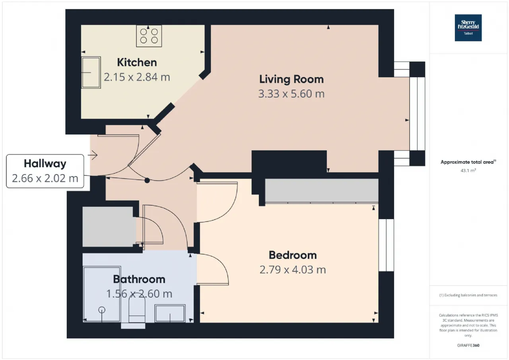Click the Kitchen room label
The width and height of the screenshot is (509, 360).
point(137,62)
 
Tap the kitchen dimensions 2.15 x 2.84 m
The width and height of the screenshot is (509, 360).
point(137,77)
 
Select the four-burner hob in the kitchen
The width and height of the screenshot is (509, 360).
point(149,36)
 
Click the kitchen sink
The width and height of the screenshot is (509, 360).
point(91,72)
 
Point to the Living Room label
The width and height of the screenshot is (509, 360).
point(291,79)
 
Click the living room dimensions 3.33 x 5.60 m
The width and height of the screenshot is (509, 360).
point(291,94)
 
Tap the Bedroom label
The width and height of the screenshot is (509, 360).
point(293,255)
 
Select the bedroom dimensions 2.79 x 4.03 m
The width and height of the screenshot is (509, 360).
point(293,270)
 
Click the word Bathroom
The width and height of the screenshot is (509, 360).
point(139,279)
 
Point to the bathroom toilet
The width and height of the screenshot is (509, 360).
point(137,311)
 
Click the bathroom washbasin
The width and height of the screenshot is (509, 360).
point(170,313)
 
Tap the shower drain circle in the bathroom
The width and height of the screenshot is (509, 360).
point(102,310)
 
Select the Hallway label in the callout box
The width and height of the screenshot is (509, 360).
point(45,163)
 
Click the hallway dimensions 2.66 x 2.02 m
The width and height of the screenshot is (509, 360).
point(45,179)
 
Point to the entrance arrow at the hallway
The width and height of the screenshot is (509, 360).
point(93,155)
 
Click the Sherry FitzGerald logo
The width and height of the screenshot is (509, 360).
point(468,28)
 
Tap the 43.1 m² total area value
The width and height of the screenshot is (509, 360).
point(468,171)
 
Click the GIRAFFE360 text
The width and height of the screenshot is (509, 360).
point(468,345)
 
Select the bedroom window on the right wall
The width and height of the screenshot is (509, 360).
point(386,245)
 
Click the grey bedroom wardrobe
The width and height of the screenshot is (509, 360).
point(322,191)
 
